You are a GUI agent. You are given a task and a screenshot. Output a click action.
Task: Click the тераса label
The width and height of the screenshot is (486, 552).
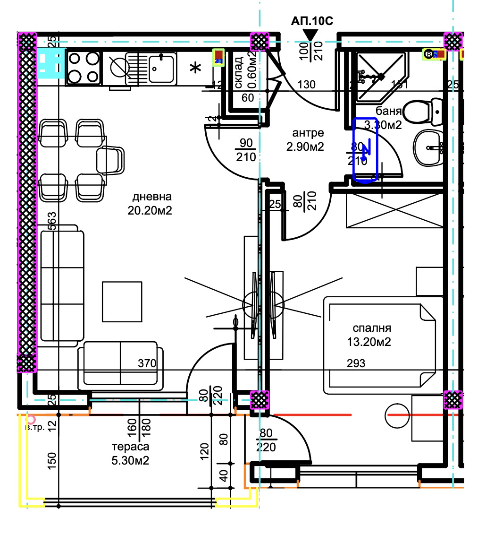click(x=131, y=447)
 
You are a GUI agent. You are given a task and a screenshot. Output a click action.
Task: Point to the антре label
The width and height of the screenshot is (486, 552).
click(x=305, y=133)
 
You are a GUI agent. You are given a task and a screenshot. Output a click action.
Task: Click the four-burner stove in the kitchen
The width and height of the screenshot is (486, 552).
click(x=84, y=67)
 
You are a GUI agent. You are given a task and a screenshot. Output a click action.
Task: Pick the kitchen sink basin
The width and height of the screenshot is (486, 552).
click(x=162, y=67)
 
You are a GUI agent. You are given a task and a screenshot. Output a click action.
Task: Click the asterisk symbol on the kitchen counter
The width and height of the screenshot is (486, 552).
click(x=194, y=69)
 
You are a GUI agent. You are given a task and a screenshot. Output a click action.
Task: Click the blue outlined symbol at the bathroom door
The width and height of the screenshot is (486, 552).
click(x=366, y=149)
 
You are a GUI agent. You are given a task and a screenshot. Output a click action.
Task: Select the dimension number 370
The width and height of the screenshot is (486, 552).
click(x=147, y=363)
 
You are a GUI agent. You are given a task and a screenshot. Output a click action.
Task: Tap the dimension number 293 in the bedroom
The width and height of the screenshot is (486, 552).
click(x=356, y=363)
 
